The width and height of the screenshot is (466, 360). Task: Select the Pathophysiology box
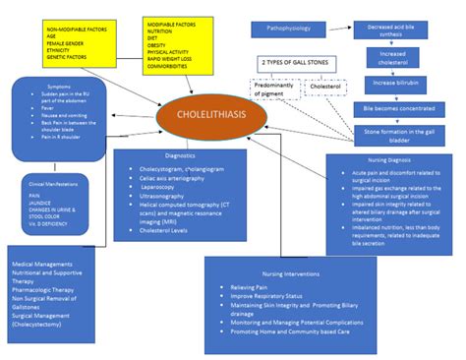coord(287,30)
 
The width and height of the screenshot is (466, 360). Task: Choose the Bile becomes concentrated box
coord(398,109)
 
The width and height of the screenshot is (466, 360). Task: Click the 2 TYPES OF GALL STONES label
coord(293,62)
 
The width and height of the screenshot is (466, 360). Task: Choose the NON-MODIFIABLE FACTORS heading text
coord(77,31)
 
